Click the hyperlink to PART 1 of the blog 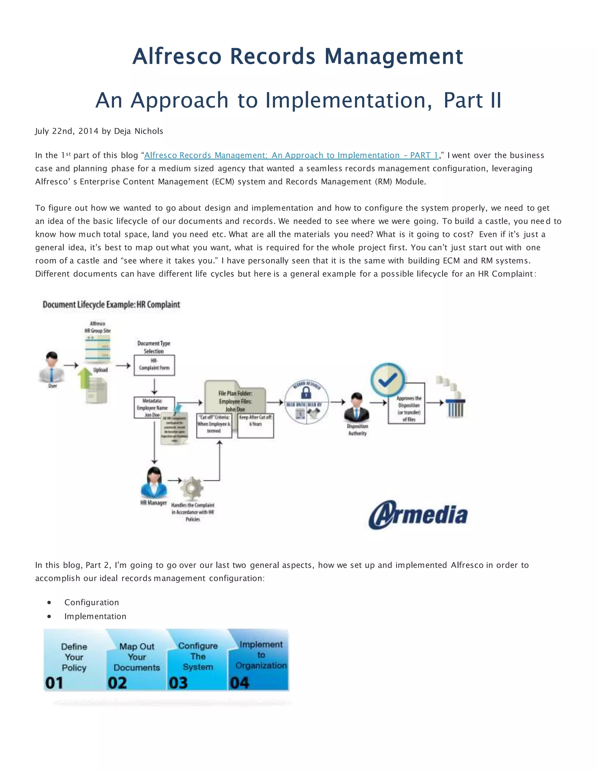tap(291, 155)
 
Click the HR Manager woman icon tap(154, 482)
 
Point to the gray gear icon tap(192, 489)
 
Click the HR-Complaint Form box tap(154, 365)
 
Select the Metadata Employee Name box tap(154, 407)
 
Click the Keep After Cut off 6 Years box tap(255, 426)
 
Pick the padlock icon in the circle tap(306, 393)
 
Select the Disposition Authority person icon tap(357, 408)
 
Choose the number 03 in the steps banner tap(178, 683)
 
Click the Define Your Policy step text tap(74, 657)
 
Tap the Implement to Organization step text tap(261, 655)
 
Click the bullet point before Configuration tap(49, 602)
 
